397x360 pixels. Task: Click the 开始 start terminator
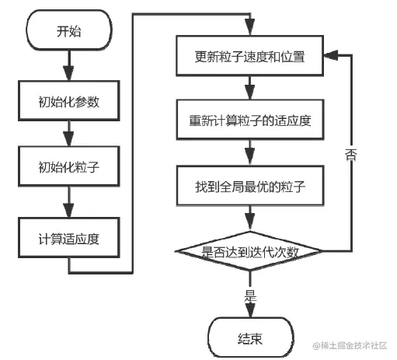point(69,30)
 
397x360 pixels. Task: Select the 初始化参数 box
point(69,101)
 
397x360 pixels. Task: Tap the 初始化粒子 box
point(69,166)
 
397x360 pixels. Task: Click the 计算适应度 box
point(69,238)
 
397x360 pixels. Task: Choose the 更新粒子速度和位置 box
point(250,56)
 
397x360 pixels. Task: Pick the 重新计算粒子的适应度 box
point(250,120)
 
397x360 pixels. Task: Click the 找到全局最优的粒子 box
point(250,186)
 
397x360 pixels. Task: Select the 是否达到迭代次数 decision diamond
point(249,251)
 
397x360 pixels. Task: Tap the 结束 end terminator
point(251,337)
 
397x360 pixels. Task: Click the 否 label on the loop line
point(351,155)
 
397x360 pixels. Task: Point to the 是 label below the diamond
point(250,296)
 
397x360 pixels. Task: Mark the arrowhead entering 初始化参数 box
point(69,73)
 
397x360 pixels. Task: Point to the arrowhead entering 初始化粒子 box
point(69,138)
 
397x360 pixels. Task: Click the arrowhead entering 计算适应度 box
point(69,210)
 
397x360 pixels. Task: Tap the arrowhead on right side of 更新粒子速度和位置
point(331,55)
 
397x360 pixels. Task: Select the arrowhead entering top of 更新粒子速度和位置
point(250,27)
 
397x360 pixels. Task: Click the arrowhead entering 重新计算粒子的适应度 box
point(250,93)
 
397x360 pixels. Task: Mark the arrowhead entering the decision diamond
point(250,222)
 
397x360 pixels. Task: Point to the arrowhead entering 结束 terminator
point(250,310)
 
